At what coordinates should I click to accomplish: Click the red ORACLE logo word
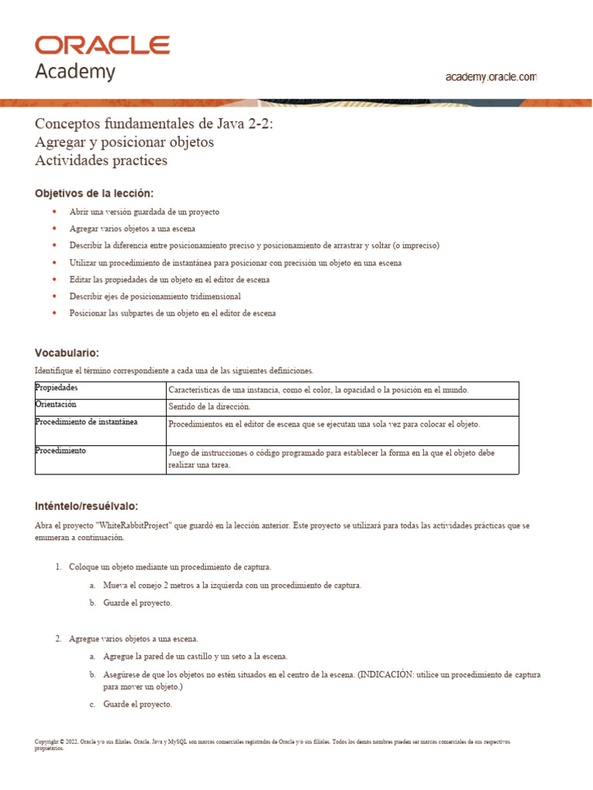click(x=102, y=45)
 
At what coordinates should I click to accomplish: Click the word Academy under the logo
click(x=75, y=72)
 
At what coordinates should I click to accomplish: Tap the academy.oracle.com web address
click(x=491, y=77)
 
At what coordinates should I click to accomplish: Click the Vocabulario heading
click(x=66, y=353)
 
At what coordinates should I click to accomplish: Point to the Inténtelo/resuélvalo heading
click(x=86, y=506)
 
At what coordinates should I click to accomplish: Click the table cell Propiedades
click(x=57, y=387)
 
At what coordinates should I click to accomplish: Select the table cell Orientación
click(x=56, y=404)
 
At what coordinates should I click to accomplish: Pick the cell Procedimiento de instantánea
click(x=86, y=422)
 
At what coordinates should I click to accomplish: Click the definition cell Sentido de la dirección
click(x=209, y=407)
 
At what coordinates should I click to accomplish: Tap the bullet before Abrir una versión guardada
click(x=54, y=211)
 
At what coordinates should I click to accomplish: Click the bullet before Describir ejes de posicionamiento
click(x=54, y=296)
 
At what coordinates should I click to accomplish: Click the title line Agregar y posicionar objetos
click(x=124, y=143)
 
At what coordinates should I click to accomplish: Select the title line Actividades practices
click(x=100, y=161)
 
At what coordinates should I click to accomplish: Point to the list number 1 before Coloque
click(x=58, y=567)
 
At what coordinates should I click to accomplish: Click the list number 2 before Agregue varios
click(x=58, y=639)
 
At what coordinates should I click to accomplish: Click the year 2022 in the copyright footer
click(x=70, y=742)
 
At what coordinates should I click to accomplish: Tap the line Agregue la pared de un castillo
click(x=195, y=657)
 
